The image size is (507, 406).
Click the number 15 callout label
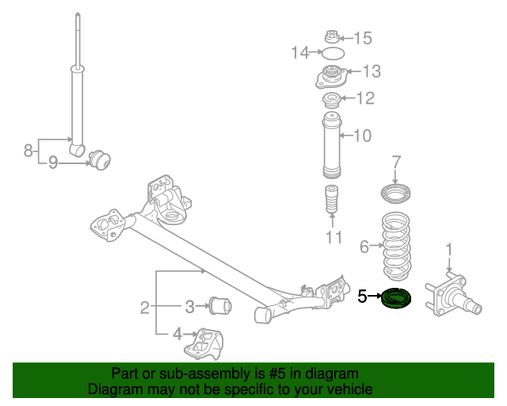tap(362, 37)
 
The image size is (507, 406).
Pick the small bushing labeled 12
tap(332, 101)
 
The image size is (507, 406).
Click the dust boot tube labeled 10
tap(330, 147)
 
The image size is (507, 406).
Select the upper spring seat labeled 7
tap(395, 193)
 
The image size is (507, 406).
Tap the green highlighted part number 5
tap(396, 300)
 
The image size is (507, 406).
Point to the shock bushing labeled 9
tap(101, 159)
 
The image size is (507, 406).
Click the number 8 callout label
tap(28, 149)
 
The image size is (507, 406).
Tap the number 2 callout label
tap(144, 307)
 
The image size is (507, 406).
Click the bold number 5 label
tap(362, 297)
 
